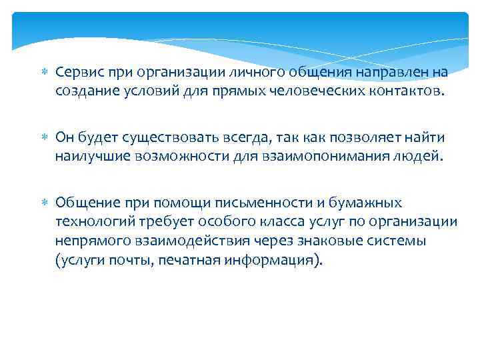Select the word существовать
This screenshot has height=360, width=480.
(x=167, y=137)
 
